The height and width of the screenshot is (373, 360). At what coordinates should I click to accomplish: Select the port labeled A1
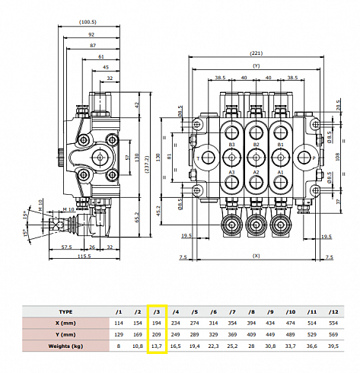tap(280, 174)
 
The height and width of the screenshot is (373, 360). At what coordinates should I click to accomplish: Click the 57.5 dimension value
tap(66, 247)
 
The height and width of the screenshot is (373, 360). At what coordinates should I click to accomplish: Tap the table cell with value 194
tap(157, 324)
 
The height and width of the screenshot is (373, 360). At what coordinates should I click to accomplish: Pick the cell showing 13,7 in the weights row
tap(157, 346)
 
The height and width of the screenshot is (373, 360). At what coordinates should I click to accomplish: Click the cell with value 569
tap(332, 335)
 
